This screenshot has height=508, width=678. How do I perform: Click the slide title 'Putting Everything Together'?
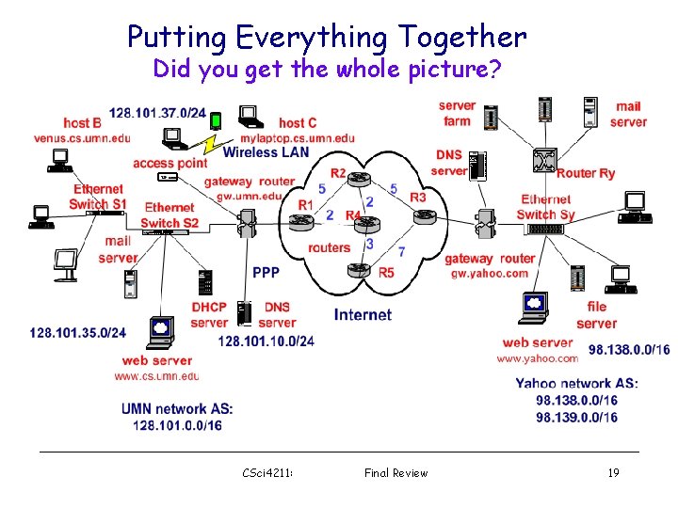click(327, 38)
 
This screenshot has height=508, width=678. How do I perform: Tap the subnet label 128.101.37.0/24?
click(157, 113)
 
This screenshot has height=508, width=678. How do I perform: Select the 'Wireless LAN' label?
click(266, 152)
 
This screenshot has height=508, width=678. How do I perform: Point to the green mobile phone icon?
click(216, 120)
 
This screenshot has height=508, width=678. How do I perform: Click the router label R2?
click(338, 173)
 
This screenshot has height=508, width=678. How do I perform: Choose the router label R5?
click(387, 273)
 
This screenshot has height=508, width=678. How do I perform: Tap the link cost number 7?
click(402, 252)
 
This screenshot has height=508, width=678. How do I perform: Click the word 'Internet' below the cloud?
click(363, 314)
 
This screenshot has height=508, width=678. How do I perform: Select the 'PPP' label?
click(266, 273)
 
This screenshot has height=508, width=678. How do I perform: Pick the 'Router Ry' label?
click(586, 173)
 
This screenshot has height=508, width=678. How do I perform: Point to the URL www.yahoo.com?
click(538, 358)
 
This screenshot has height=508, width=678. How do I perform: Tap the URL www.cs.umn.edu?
click(157, 376)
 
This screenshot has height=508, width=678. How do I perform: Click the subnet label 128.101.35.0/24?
click(77, 333)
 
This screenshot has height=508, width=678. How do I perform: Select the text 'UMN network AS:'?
click(177, 409)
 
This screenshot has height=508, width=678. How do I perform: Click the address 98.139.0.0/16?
click(577, 417)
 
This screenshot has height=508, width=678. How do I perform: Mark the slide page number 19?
click(613, 473)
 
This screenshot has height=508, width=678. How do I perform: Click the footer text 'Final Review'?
click(395, 473)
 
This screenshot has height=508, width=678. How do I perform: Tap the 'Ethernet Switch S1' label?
click(98, 197)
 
